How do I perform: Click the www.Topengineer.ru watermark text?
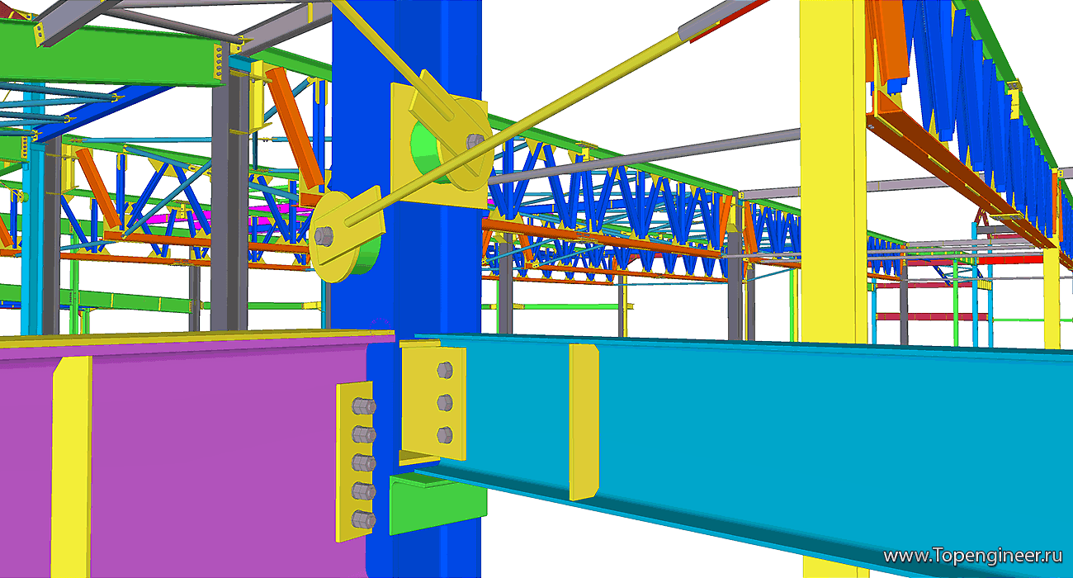973,556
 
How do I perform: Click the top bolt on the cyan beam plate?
445,371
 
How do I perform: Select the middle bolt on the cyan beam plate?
445,403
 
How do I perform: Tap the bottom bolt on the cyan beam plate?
445,435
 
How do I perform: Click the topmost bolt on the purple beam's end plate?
363,406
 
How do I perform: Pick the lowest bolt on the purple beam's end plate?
363,520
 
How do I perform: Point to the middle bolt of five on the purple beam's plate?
363,463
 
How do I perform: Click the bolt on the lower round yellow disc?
324,236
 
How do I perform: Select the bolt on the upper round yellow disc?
475,141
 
